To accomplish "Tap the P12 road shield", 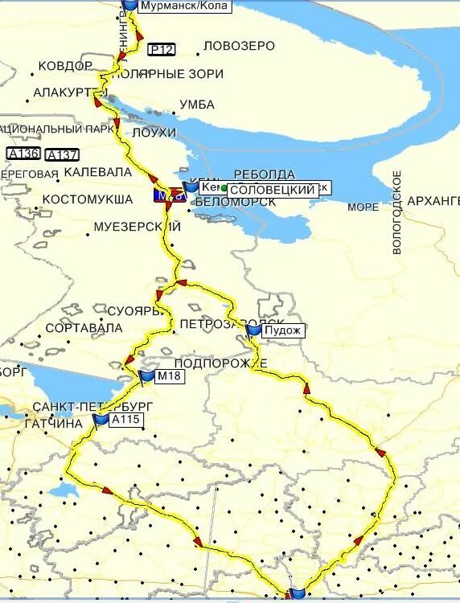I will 161,50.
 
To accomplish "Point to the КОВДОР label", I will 65,66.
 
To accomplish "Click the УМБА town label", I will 196,105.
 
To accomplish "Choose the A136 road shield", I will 23,154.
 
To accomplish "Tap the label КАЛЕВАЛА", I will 97,172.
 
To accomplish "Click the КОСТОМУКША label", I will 87,199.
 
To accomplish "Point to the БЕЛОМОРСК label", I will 232,202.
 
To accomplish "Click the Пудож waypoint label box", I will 283,330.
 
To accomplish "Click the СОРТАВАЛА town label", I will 84,328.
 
